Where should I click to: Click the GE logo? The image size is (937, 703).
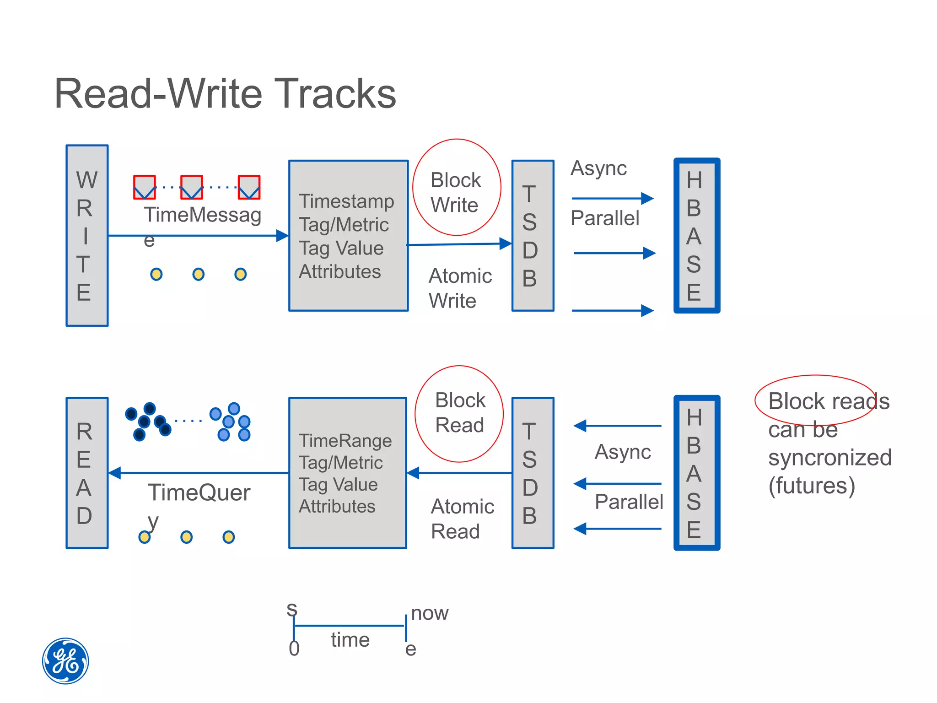tap(65, 661)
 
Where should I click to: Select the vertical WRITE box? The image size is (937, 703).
tap(87, 236)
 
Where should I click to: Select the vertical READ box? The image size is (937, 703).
tap(87, 473)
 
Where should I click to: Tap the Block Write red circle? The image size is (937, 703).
tap(456, 188)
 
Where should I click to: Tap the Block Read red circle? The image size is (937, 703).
tap(459, 414)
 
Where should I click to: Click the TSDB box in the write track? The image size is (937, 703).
tap(533, 236)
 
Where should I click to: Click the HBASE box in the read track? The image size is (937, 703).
tap(696, 473)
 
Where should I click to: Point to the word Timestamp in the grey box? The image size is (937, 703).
tap(346, 201)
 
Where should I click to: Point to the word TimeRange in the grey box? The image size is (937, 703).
tap(345, 441)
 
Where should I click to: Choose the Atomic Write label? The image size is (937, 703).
tap(459, 288)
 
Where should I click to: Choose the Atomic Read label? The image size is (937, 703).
tap(462, 519)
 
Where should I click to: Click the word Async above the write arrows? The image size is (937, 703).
tap(598, 168)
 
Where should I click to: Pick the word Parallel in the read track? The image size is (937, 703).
tap(629, 502)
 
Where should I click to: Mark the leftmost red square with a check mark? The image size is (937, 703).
tap(144, 187)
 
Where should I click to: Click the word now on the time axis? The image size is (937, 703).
tap(430, 613)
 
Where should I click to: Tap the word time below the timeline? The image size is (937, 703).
tap(350, 640)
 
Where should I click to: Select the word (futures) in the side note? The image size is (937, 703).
tap(811, 486)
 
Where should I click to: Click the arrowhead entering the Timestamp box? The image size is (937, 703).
tap(283, 236)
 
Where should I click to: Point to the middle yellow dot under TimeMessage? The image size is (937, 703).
tap(198, 274)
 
